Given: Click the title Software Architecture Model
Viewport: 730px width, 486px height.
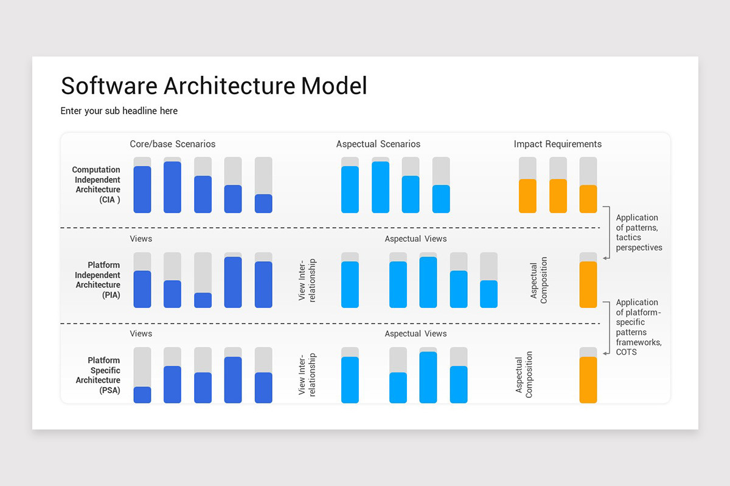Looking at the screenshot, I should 214,86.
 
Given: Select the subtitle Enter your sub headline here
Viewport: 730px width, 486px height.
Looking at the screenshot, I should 119,111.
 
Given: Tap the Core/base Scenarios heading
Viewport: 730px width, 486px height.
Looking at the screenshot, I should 172,144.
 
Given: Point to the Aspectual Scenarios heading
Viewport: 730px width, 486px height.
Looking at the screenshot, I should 378,144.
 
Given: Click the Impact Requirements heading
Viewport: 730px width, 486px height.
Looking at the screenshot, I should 557,144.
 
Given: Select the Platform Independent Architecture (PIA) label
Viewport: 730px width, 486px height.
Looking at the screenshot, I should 97,280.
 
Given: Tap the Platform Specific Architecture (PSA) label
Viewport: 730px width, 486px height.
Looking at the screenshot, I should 97,375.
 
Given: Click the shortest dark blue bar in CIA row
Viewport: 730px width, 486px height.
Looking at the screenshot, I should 263,204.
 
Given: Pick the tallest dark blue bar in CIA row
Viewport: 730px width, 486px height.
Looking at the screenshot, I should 172,187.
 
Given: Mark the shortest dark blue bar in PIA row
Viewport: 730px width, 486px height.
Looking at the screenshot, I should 203,300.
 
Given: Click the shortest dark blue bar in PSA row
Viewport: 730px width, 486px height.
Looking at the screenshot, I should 142,394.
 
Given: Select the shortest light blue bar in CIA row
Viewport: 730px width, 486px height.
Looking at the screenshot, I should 441,199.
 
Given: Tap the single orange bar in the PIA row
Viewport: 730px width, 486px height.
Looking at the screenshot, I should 588,284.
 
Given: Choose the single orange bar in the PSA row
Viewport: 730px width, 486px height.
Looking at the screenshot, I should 588,380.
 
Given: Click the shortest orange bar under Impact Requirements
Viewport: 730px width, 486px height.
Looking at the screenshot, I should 588,199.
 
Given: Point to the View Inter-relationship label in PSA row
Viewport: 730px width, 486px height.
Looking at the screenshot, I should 307,375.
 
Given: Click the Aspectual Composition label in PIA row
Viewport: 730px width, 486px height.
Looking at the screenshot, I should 539,281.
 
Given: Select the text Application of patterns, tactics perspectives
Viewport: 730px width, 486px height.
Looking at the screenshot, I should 638,233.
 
